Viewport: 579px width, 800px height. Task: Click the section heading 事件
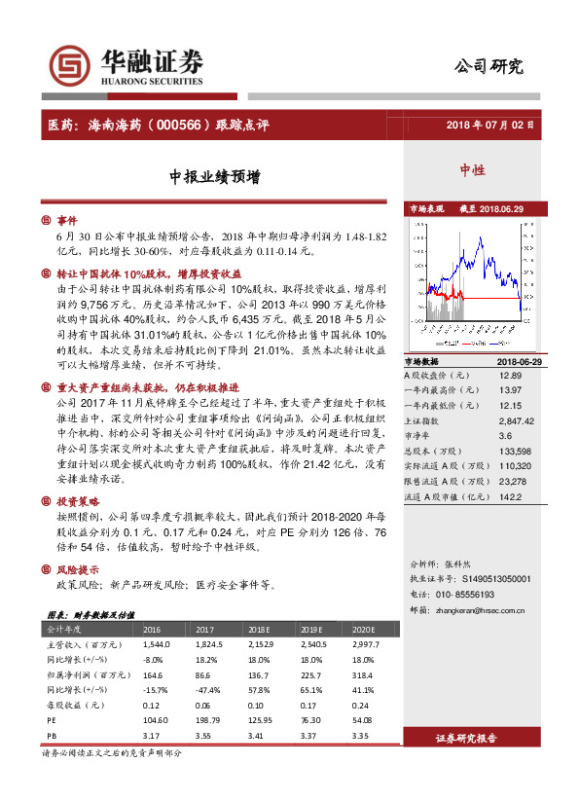coord(67,220)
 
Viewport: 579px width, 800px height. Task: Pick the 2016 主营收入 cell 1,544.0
coord(157,644)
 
